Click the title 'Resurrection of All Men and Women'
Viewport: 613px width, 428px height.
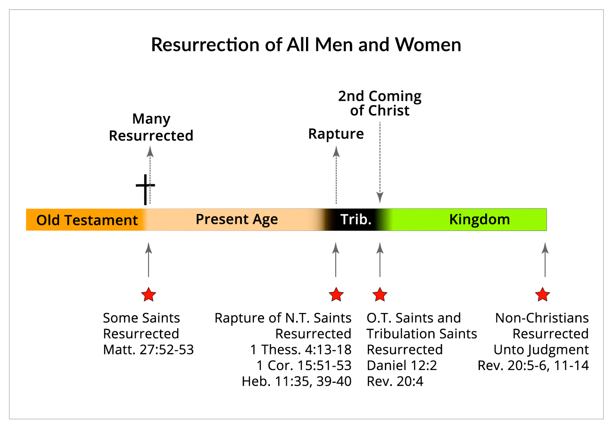[306, 45]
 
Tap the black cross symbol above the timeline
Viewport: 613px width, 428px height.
[145, 189]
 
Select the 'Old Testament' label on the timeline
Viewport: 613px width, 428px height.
[87, 220]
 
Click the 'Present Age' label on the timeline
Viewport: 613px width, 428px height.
[237, 220]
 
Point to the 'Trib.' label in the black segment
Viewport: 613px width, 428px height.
[356, 219]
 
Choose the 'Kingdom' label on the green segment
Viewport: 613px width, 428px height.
[480, 220]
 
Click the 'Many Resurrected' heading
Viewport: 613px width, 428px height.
[151, 127]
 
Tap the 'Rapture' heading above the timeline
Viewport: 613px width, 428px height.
[336, 134]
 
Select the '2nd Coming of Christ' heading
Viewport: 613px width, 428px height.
[380, 103]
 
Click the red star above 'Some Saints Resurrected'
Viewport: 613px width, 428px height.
[149, 295]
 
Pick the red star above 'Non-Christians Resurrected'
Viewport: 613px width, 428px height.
[542, 295]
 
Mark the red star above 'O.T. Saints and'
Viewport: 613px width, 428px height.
[380, 295]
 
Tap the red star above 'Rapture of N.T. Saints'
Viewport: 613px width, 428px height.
[336, 295]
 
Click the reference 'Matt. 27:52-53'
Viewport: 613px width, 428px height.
[149, 350]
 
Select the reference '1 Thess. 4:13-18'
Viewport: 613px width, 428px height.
[301, 350]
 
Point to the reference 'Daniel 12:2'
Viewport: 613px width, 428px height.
[402, 366]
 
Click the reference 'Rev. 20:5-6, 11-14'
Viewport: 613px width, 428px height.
[533, 366]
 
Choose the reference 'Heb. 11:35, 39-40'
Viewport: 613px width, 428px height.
[297, 381]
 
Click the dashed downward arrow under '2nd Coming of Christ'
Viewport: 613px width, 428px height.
[380, 163]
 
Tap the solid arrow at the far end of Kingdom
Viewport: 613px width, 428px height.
[545, 260]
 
